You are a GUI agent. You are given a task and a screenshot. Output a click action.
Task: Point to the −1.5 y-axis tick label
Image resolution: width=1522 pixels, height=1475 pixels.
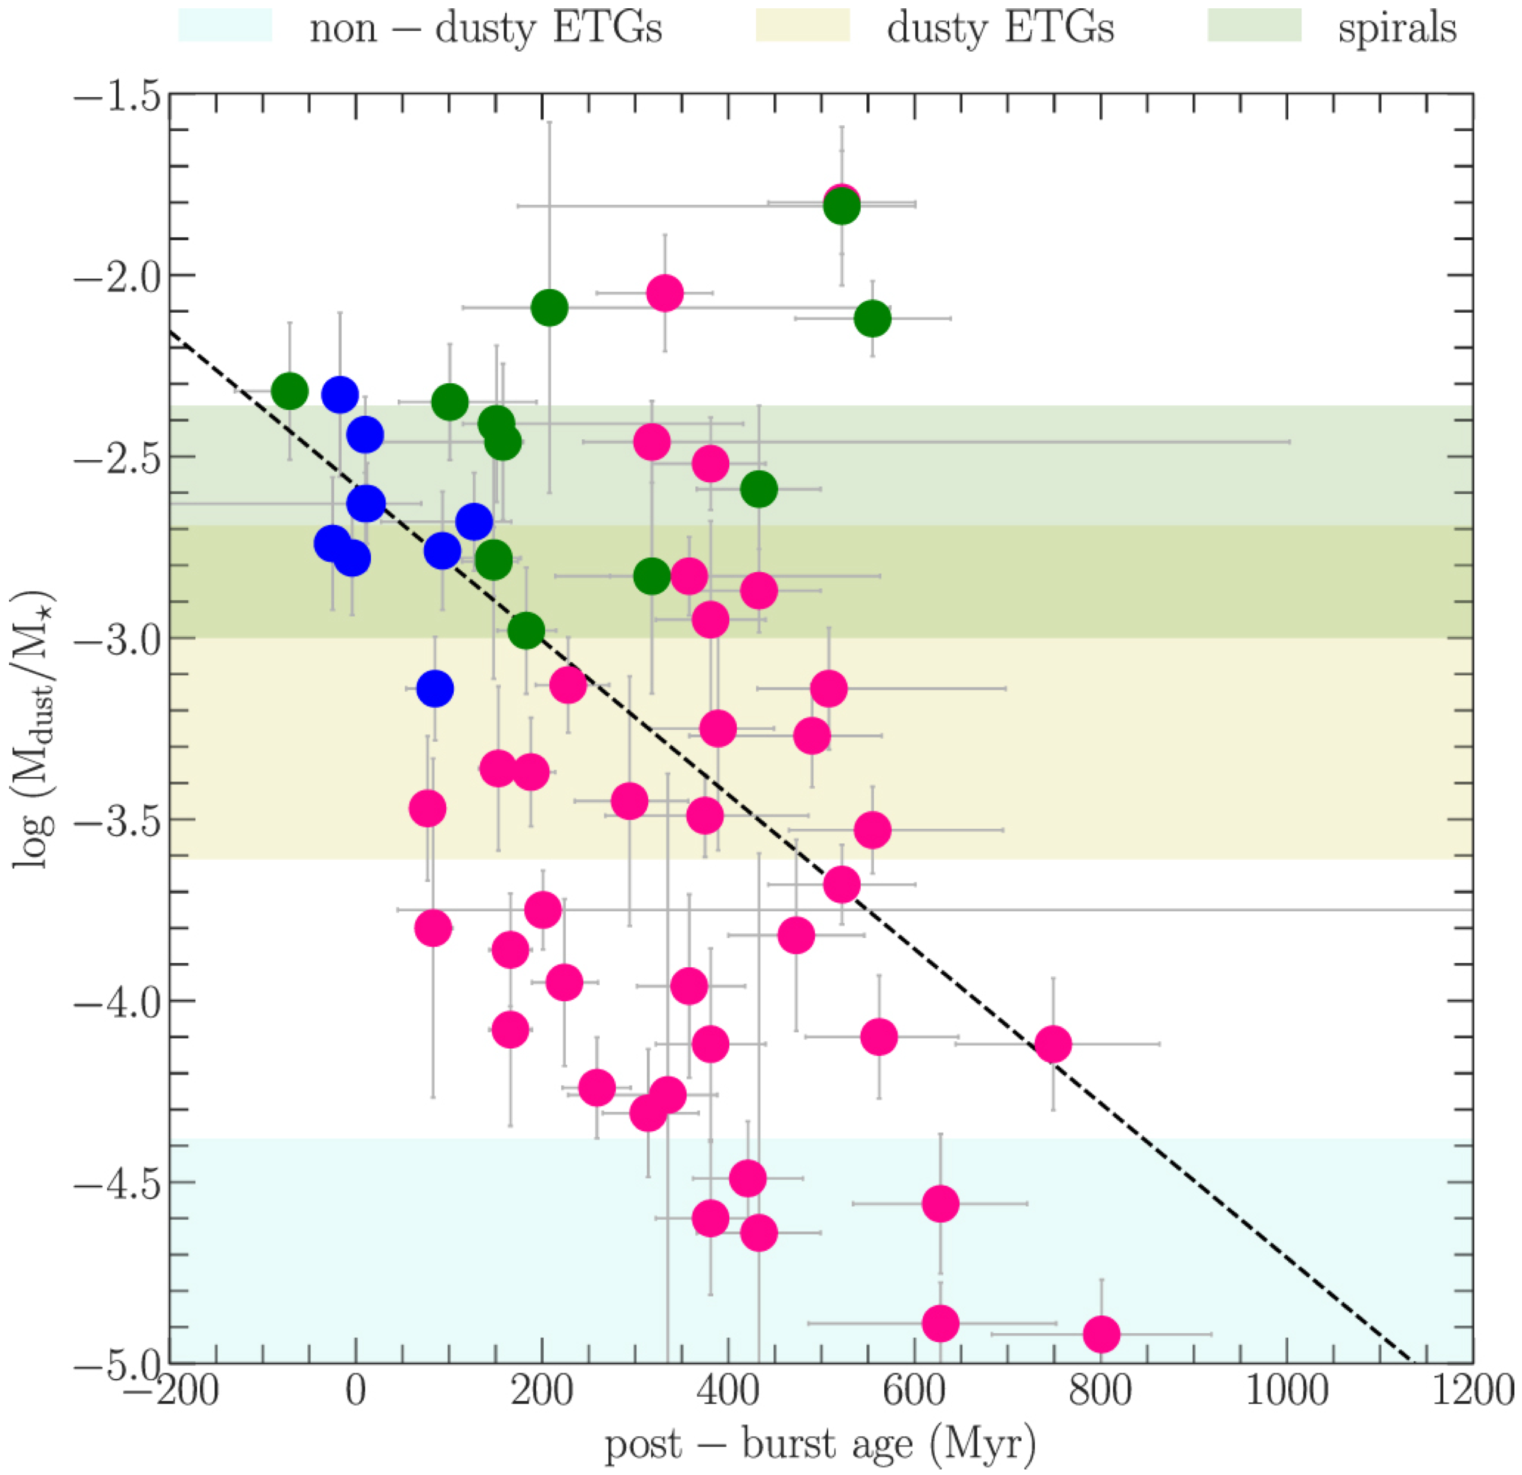point(116,94)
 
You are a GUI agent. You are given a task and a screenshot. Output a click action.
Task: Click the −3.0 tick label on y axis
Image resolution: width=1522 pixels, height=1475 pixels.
point(116,639)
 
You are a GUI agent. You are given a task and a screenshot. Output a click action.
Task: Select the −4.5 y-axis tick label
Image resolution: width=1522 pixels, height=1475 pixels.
point(116,1183)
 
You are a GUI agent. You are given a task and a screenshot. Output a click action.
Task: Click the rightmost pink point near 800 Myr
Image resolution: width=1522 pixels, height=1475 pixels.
point(1101,1335)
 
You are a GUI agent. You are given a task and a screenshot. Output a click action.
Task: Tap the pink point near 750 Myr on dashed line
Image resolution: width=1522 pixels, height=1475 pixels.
point(1054,1044)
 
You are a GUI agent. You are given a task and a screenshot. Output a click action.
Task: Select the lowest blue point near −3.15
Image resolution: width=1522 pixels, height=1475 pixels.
point(435,688)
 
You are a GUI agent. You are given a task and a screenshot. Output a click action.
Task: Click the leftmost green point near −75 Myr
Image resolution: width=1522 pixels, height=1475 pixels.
point(290,391)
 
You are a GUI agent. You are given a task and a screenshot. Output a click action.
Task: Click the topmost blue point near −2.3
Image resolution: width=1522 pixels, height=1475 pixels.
point(340,394)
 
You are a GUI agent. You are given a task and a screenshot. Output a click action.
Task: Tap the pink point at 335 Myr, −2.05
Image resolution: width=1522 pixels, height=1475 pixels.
point(665,293)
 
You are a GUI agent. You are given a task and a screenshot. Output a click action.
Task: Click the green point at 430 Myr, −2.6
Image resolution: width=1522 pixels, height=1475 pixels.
point(759,489)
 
